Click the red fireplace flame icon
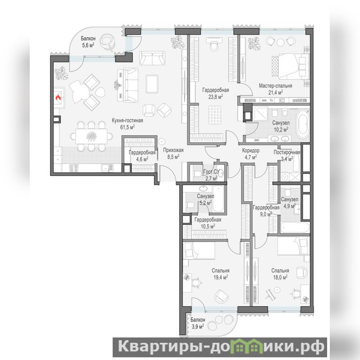click(58, 98)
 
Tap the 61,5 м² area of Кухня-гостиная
click(128, 127)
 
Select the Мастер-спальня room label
click(275, 86)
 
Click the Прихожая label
click(173, 150)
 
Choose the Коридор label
click(251, 150)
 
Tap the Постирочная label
click(287, 152)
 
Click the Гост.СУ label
click(211, 172)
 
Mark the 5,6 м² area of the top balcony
click(88, 45)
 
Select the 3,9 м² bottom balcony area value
click(198, 326)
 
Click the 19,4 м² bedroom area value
click(220, 278)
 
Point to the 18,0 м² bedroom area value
click(280, 278)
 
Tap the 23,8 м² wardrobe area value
click(215, 97)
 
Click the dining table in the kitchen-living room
click(91, 137)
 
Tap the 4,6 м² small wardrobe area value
click(142, 159)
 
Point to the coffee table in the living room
click(152, 84)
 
